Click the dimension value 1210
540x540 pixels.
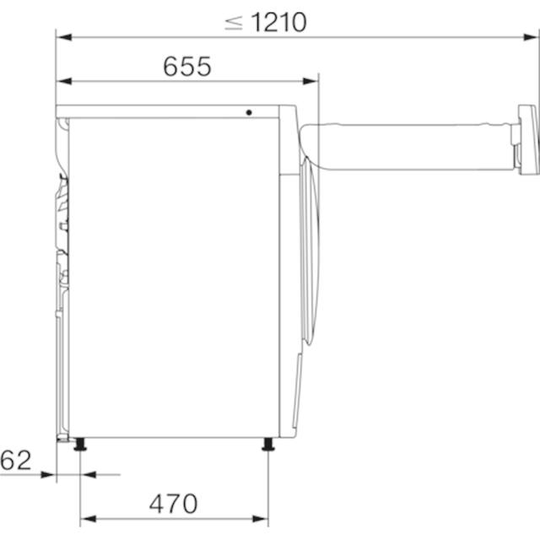pos(278,23)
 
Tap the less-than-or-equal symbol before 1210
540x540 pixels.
pos(234,23)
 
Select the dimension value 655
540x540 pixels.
pos(187,66)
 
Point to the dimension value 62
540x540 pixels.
pos(16,460)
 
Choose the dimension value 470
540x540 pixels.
pos(173,504)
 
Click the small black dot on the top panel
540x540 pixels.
pos(249,112)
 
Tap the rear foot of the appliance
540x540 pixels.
pos(80,444)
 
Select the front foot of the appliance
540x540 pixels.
pos(268,444)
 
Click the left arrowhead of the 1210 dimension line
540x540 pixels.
pos(64,37)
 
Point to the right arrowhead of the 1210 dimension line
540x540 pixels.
pos(530,37)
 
